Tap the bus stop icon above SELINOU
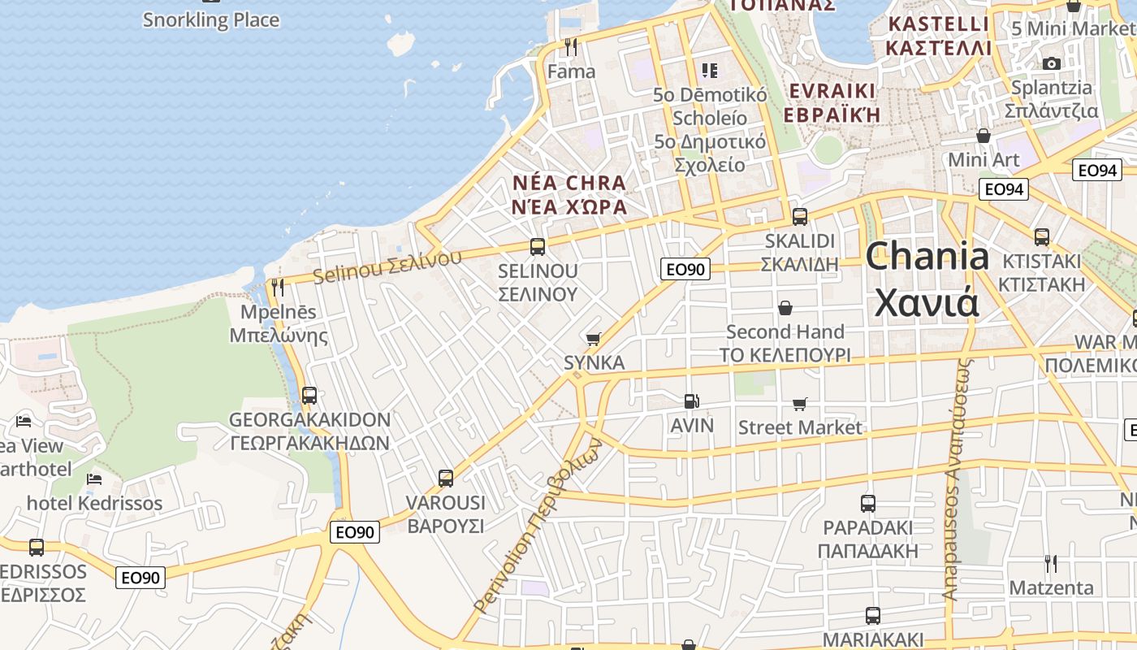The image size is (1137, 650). tap(537, 246)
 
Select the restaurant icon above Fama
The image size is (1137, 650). tap(571, 47)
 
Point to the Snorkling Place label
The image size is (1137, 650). tap(211, 20)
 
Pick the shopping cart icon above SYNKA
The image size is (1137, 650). tap(594, 338)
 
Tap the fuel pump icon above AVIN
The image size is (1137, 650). tap(691, 401)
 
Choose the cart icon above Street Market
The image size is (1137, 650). tap(800, 403)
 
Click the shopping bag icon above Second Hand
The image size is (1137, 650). tap(785, 308)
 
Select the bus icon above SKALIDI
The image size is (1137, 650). tap(800, 216)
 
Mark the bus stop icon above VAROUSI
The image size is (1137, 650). tap(446, 478)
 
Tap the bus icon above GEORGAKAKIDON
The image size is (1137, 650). tap(309, 396)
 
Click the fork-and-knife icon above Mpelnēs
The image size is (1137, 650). tap(278, 287)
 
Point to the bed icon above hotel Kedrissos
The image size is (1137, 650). tap(94, 479)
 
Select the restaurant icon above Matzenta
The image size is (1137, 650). tap(1051, 563)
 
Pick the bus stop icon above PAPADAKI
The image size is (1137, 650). tap(868, 504)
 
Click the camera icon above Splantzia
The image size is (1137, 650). tap(1052, 63)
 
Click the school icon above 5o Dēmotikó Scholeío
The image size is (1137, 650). tap(710, 71)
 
